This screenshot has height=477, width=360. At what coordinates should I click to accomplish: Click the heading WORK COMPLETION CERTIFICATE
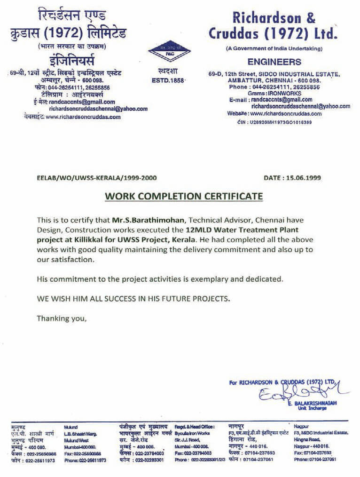click(x=183, y=196)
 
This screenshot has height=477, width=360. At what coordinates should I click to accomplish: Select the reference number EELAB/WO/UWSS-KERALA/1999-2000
click(x=96, y=178)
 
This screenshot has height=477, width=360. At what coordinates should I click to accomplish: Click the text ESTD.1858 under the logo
click(x=169, y=80)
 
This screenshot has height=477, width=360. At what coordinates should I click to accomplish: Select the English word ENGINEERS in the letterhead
click(x=274, y=62)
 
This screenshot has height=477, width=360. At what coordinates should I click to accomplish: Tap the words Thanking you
click(x=62, y=318)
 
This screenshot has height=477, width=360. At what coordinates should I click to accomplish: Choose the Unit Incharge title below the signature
click(x=305, y=408)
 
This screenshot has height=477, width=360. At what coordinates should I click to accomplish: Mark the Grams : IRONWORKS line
click(x=275, y=93)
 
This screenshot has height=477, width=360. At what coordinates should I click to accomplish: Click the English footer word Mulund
click(x=71, y=425)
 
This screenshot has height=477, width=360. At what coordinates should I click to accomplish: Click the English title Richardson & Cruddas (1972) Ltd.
click(x=274, y=26)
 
